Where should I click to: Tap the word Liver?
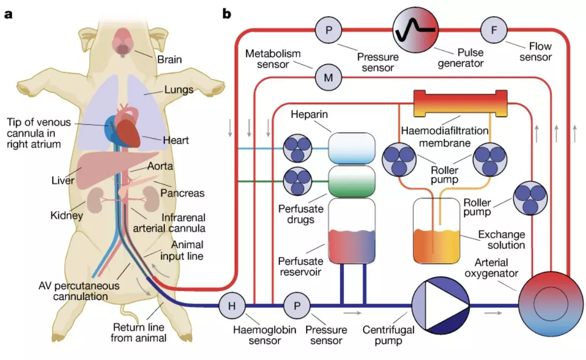pyautogui.click(x=63, y=181)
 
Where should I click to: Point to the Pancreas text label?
pyautogui.click(x=182, y=193)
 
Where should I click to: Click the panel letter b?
pyautogui.click(x=226, y=14)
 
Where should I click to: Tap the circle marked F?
pyautogui.click(x=494, y=30)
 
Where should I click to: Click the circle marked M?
pyautogui.click(x=328, y=78)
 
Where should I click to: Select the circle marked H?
pyautogui.click(x=232, y=306)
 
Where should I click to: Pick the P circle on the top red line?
pyautogui.click(x=328, y=30)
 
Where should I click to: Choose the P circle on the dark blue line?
pyautogui.click(x=297, y=306)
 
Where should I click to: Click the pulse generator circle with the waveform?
pyautogui.click(x=415, y=30)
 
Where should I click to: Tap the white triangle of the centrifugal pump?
pyautogui.click(x=445, y=306)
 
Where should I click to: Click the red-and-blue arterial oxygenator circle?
pyautogui.click(x=550, y=305)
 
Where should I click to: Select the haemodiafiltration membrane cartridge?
pyautogui.click(x=461, y=104)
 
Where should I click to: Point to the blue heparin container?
pyautogui.click(x=352, y=148)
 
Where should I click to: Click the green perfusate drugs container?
pyautogui.click(x=352, y=181)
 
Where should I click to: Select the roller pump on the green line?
pyautogui.click(x=297, y=181)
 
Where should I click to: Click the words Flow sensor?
pyautogui.click(x=535, y=51)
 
